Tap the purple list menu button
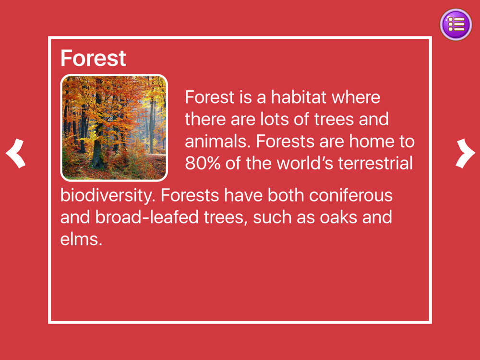(456, 24)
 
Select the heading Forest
(93, 58)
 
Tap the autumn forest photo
(114, 128)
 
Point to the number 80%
(203, 163)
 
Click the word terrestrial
(375, 163)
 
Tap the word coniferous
(351, 195)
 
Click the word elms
(81, 240)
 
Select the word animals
(217, 142)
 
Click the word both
(286, 195)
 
